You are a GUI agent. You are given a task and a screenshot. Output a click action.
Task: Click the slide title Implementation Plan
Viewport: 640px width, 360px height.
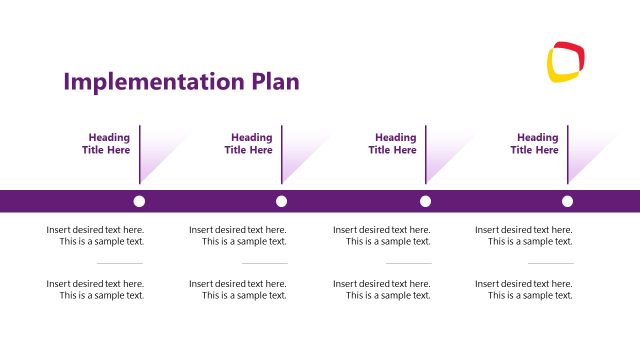pos(181,82)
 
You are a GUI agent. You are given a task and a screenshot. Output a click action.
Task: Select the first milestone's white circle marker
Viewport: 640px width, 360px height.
pos(139,201)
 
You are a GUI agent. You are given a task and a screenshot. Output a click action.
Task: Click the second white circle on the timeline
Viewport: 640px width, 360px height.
pos(282,201)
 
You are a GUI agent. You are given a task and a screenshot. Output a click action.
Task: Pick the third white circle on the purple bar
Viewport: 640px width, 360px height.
pos(425,201)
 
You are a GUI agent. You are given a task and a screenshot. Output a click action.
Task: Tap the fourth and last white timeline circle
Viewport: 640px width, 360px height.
pos(568,201)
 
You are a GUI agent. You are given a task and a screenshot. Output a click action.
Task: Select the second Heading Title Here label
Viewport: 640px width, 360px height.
pos(250,144)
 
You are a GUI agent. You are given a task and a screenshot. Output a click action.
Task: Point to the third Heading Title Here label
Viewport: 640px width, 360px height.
pos(394,144)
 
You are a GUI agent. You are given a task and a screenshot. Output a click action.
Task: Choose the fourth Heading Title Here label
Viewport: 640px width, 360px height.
pos(536,144)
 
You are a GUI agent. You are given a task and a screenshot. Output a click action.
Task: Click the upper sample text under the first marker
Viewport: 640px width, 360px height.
pos(96,235)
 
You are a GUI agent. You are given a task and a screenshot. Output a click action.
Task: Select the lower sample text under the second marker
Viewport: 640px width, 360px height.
pos(239,289)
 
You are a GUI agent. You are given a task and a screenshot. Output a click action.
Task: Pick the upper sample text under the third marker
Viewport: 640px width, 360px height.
pos(383,235)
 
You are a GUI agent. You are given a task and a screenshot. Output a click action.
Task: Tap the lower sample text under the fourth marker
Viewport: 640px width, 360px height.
pos(525,289)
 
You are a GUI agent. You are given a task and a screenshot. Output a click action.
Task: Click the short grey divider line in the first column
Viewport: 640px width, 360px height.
pos(120,263)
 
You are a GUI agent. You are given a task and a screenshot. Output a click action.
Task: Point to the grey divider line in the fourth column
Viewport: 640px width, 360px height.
pos(550,263)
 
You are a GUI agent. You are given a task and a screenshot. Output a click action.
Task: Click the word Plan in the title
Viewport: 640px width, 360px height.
pos(273,82)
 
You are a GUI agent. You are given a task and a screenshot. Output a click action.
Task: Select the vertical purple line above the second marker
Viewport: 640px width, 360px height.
pos(282,155)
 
